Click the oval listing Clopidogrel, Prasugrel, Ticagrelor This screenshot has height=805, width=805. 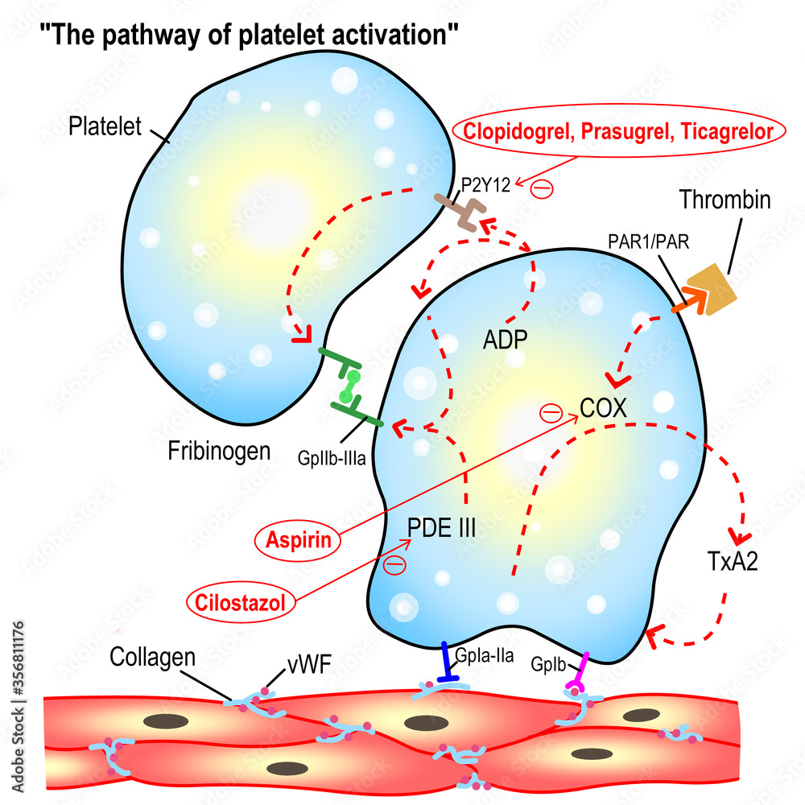(618, 132)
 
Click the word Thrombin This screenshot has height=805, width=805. (725, 199)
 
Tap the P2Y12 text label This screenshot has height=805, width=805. (485, 182)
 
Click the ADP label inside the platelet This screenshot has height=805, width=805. (504, 340)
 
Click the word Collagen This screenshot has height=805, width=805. (154, 656)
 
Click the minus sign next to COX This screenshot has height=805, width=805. (550, 413)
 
